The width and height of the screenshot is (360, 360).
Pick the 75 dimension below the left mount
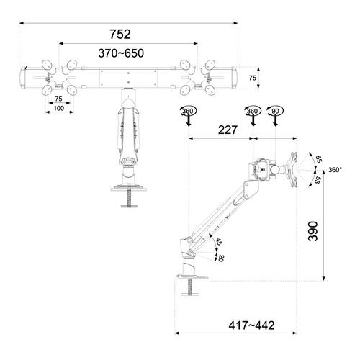click(58, 98)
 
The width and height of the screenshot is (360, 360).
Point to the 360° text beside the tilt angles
click(335, 170)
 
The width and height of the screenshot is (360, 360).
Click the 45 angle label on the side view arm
click(219, 243)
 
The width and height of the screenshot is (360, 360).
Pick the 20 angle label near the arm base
click(221, 258)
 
